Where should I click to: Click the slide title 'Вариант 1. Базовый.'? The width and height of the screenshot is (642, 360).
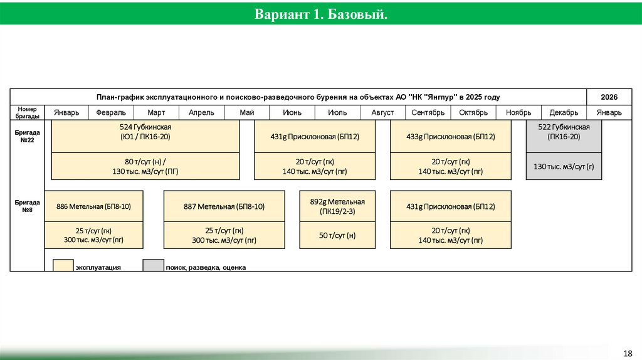pyautogui.click(x=320, y=13)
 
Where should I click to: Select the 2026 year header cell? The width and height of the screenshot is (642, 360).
pyautogui.click(x=609, y=97)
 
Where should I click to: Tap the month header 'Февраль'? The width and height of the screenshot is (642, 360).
pyautogui.click(x=111, y=113)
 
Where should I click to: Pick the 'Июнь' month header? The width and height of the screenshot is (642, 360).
pyautogui.click(x=292, y=113)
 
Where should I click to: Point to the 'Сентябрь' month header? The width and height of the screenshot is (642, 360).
pyautogui.click(x=428, y=113)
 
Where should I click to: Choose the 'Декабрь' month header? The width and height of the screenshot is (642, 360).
pyautogui.click(x=564, y=113)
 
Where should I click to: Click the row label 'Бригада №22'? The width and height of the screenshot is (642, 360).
pyautogui.click(x=27, y=137)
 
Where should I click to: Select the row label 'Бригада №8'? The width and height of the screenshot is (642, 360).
pyautogui.click(x=27, y=206)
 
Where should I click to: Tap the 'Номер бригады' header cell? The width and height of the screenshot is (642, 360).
pyautogui.click(x=28, y=113)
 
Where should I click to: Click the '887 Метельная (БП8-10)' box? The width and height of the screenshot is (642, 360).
pyautogui.click(x=224, y=206)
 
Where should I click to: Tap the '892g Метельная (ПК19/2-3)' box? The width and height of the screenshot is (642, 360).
pyautogui.click(x=337, y=206)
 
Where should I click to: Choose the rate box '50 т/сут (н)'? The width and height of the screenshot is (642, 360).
pyautogui.click(x=337, y=235)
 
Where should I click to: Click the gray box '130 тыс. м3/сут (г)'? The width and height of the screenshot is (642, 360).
pyautogui.click(x=564, y=166)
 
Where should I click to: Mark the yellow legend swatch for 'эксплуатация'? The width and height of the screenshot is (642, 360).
pyautogui.click(x=63, y=265)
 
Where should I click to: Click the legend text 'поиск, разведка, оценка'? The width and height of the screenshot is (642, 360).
pyautogui.click(x=206, y=268)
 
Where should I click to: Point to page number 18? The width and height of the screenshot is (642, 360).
pyautogui.click(x=628, y=352)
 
